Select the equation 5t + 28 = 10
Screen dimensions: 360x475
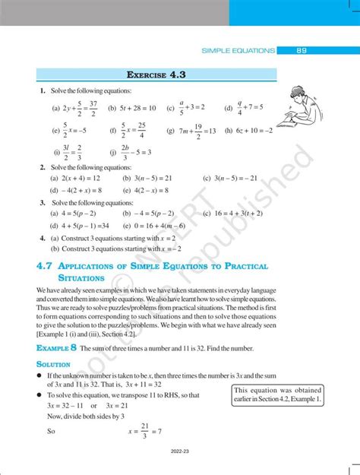(x=135, y=109)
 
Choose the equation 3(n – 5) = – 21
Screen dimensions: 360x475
(x=234, y=178)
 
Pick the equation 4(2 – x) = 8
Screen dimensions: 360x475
(x=149, y=190)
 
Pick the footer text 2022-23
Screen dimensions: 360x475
(x=180, y=470)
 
